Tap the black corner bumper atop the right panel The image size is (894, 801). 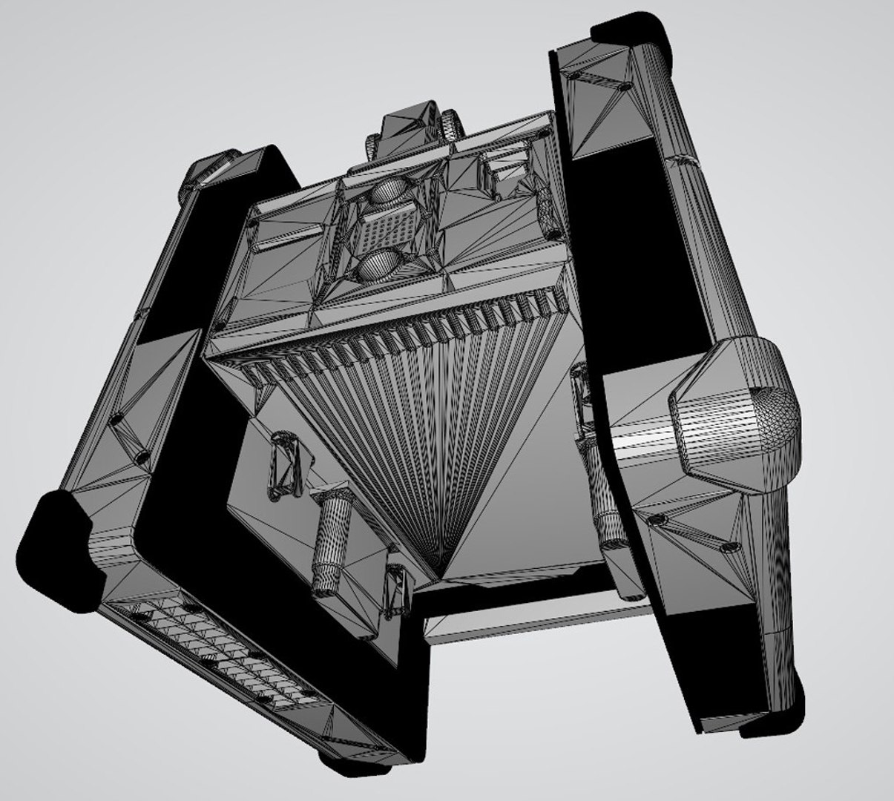coord(631,30)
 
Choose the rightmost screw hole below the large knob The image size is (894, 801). coord(731,549)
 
